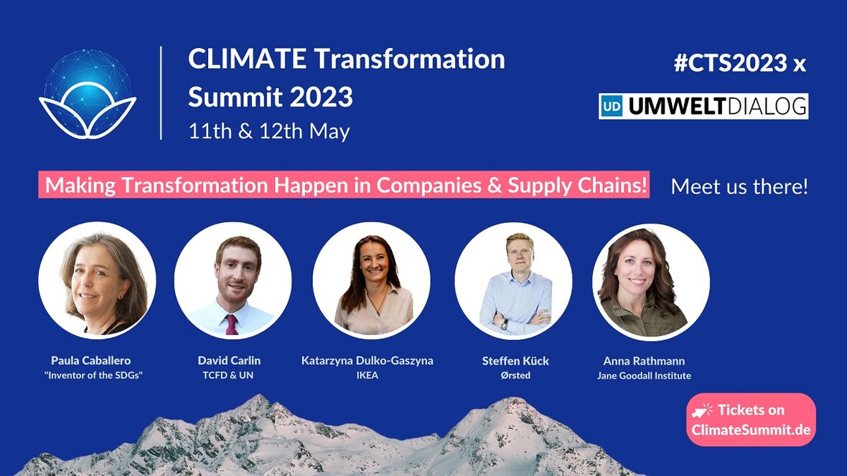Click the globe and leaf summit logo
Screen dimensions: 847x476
(x=88, y=94)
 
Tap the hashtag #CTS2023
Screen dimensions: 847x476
(x=730, y=63)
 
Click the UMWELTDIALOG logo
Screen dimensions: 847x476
(x=703, y=106)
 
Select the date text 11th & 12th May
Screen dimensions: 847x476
(x=269, y=131)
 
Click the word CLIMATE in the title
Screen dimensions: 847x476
(x=248, y=59)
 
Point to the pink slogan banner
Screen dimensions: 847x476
(x=344, y=184)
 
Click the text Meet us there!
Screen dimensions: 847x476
(x=739, y=186)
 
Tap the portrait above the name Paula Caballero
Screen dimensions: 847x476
(x=97, y=280)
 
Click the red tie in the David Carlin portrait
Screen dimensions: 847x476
(x=231, y=324)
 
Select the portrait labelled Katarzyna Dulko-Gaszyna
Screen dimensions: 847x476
(x=372, y=280)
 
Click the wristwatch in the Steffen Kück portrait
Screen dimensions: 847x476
(x=505, y=324)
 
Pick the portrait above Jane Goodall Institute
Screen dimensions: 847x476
(x=651, y=282)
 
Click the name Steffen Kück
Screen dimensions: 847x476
(x=515, y=361)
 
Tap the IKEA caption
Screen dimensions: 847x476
(x=368, y=375)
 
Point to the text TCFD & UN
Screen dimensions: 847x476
(x=228, y=375)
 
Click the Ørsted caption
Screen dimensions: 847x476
(x=515, y=375)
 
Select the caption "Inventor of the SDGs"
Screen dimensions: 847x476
(x=93, y=375)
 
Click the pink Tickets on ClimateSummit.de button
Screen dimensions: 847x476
(x=751, y=420)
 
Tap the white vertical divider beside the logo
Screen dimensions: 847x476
(x=162, y=92)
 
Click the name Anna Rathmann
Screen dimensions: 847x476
(x=644, y=361)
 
